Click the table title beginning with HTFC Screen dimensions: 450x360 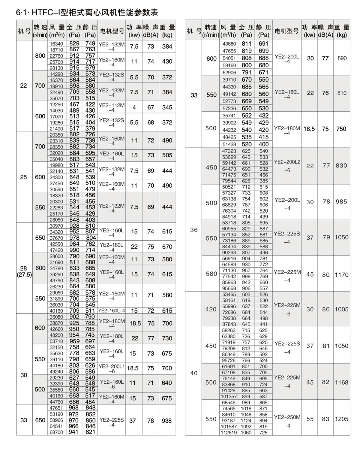click(x=87, y=12)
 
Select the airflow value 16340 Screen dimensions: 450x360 click(x=56, y=44)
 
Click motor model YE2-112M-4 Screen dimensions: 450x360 click(x=112, y=107)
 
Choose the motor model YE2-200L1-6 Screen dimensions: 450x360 click(x=112, y=368)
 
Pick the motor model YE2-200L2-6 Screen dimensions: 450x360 click(x=287, y=166)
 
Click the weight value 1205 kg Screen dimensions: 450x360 click(x=342, y=419)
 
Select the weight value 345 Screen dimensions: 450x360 click(x=167, y=107)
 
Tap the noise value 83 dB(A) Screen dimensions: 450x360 click(x=325, y=419)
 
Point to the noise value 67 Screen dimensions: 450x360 click(x=151, y=107)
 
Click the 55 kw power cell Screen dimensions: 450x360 click(x=310, y=419)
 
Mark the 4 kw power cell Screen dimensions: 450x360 click(x=134, y=107)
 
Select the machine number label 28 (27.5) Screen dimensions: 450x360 click(x=24, y=271)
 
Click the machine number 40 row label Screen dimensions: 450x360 click(x=194, y=373)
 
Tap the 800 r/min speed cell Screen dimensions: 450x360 click(x=40, y=56)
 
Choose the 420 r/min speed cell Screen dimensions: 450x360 click(x=211, y=309)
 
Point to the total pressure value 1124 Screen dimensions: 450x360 click(x=246, y=421)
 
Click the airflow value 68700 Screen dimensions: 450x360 click(x=56, y=432)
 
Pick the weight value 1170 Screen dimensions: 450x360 click(x=342, y=274)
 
